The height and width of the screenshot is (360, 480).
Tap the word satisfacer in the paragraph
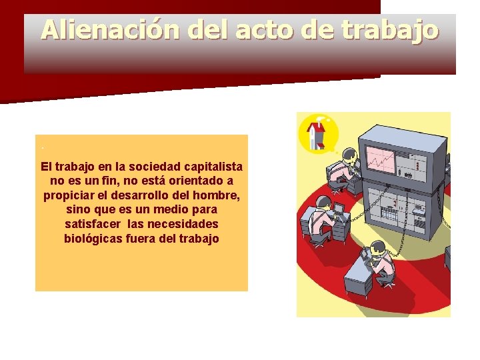91,223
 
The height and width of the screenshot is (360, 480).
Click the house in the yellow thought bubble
318,133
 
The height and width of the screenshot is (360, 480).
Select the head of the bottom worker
378,247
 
